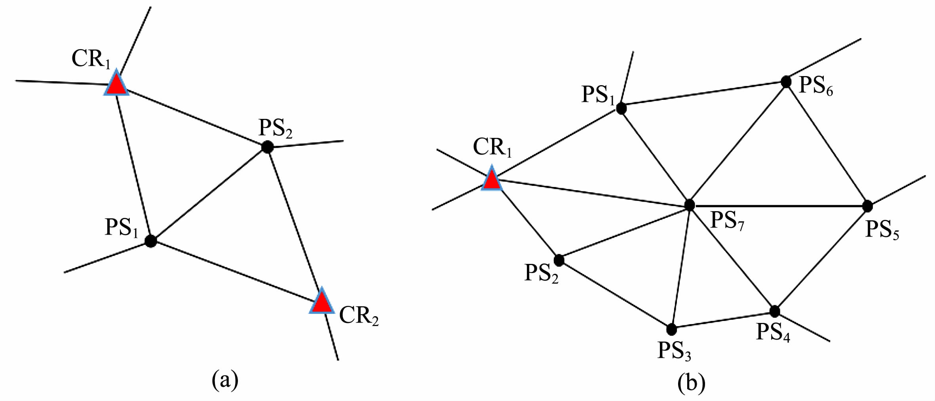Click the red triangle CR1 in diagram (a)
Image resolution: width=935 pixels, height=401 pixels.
[116, 84]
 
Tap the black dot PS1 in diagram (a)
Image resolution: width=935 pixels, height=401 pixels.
[150, 241]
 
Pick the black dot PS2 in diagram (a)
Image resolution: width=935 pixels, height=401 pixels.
[268, 147]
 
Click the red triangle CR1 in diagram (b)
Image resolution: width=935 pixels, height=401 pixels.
[492, 180]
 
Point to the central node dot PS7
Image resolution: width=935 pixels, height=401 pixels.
[690, 205]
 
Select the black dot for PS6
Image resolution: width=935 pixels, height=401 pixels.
[786, 82]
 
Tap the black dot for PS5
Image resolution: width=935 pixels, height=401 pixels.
[867, 206]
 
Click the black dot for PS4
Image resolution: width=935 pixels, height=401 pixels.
[775, 311]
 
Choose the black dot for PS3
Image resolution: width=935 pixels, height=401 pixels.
[671, 329]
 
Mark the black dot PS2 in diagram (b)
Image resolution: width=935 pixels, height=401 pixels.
[559, 260]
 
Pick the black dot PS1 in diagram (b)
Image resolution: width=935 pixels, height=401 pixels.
[621, 108]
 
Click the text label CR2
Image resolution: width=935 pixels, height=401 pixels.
[359, 316]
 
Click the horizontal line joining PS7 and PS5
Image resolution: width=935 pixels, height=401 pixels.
[778, 206]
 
